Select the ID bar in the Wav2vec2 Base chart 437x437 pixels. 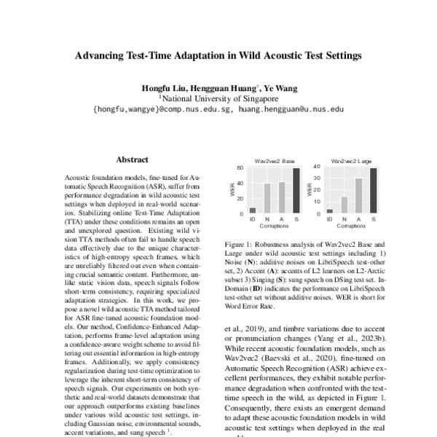tap(252, 211)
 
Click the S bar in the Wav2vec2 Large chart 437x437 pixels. tap(373, 191)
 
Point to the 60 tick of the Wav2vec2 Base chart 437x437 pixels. tap(240, 168)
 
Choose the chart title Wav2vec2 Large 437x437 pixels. tap(351, 160)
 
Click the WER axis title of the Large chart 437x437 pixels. tap(309, 190)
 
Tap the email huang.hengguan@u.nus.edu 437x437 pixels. tap(291, 108)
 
